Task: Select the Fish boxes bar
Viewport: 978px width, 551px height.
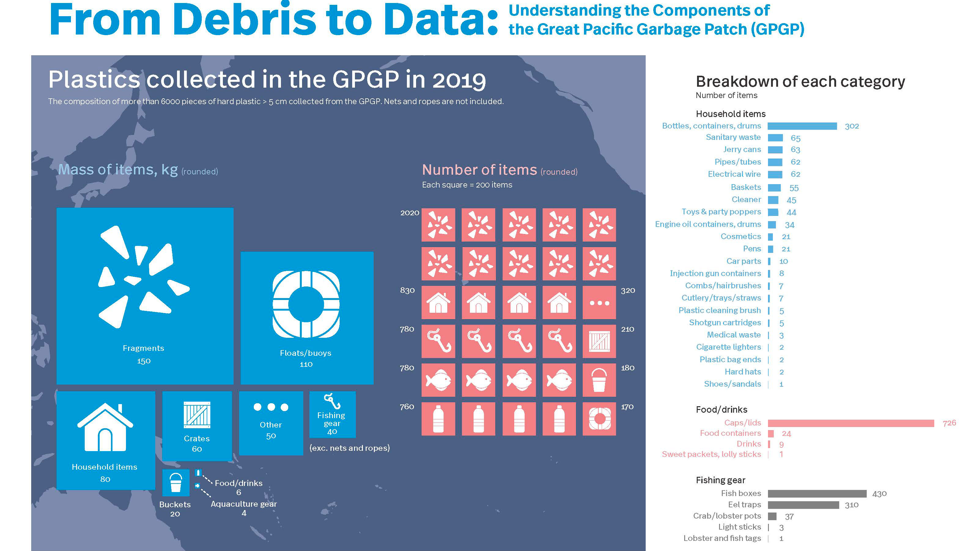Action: (817, 493)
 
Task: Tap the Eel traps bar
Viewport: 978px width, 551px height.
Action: (803, 505)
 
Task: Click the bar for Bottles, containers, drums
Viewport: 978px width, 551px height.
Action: (802, 126)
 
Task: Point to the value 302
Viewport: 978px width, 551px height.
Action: (851, 126)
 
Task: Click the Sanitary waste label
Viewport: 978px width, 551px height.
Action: (733, 138)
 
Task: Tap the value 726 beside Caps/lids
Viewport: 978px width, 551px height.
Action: (949, 423)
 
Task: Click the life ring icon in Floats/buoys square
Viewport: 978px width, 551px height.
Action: (306, 304)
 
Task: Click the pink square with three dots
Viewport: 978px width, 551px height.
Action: (599, 303)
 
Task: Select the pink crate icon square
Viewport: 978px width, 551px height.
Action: (599, 341)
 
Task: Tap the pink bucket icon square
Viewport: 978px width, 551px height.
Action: (599, 380)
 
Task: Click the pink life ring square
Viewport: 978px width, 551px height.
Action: (599, 419)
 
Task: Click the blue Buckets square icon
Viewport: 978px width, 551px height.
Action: (176, 483)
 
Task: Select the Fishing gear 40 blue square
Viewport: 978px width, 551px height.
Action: (332, 414)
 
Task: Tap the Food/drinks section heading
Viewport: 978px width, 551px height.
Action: (722, 410)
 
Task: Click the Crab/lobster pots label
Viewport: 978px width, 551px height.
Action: (727, 516)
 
